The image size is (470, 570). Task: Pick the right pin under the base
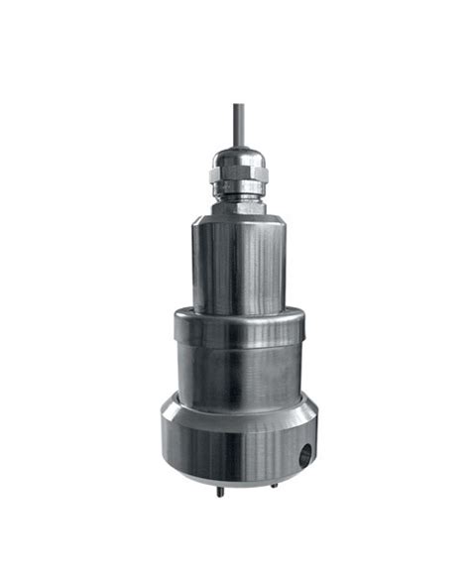pos(275,485)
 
